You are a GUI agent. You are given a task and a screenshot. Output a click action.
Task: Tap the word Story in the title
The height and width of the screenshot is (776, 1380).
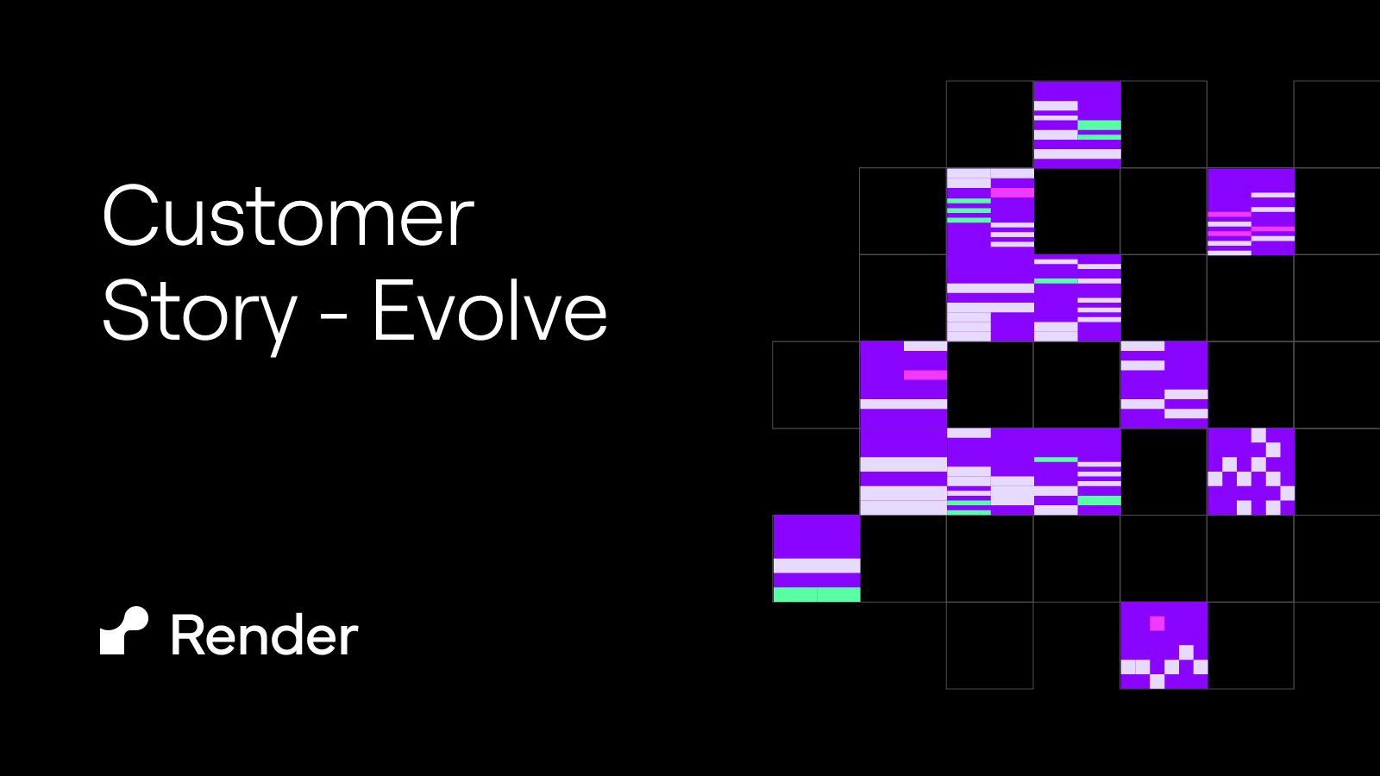pos(199,312)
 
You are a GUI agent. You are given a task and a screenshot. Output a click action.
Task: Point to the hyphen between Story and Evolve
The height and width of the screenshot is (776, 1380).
pos(334,316)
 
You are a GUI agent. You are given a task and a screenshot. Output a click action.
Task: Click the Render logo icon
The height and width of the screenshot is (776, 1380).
pos(124,631)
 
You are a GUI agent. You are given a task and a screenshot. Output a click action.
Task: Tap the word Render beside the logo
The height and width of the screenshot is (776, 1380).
pos(264,636)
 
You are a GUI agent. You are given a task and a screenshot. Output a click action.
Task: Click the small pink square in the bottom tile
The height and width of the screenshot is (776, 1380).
pos(1157,623)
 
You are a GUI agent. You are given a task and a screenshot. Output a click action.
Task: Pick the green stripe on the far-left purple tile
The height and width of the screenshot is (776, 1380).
pos(817,594)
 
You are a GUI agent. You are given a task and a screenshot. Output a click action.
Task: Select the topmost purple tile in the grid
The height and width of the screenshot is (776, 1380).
pos(1077,124)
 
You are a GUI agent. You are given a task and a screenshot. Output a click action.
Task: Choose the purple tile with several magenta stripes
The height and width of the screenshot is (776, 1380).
pos(1251,211)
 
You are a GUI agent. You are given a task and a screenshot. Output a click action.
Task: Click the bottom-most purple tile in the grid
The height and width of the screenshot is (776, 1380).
pos(1164,645)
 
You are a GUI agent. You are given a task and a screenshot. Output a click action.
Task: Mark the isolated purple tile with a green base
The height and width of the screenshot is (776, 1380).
pos(817,558)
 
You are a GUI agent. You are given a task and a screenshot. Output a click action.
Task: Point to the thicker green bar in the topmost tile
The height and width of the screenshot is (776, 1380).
pos(1100,125)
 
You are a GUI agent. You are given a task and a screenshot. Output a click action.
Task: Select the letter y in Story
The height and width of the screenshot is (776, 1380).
pos(277,319)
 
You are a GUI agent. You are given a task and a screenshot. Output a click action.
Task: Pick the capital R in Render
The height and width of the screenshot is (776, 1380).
pos(187,636)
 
